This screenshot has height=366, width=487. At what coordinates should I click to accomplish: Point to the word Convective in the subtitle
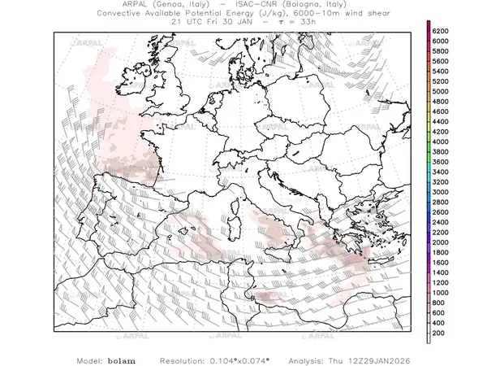pyautogui.click(x=124, y=14)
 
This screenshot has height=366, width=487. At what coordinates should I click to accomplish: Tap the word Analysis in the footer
pyautogui.click(x=329, y=359)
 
